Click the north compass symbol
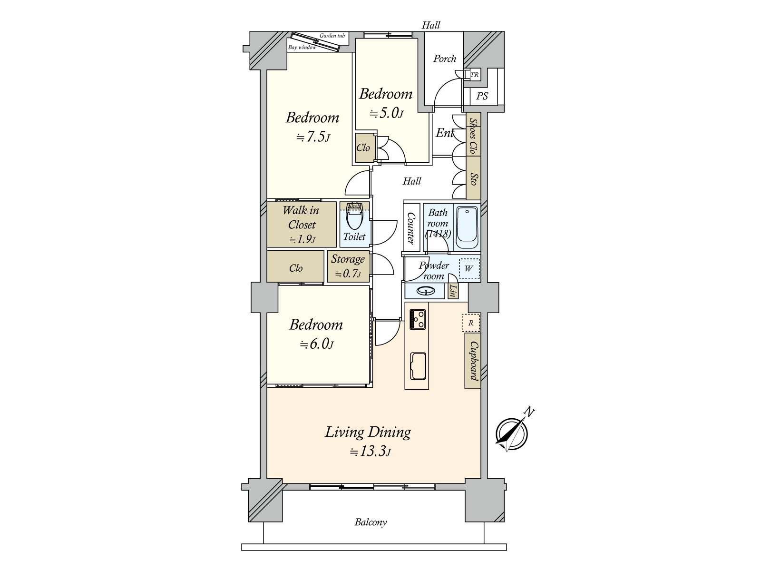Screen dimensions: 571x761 [x=511, y=433]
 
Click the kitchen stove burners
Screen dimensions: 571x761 [x=417, y=319]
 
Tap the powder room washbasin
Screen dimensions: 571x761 [x=424, y=291]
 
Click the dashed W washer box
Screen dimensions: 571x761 [x=469, y=269]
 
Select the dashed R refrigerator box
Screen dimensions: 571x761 [x=471, y=323]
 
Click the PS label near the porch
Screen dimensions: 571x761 [x=482, y=96]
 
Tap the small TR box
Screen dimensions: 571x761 [x=474, y=75]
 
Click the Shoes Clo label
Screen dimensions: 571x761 [x=473, y=135]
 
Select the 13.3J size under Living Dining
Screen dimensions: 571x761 [x=371, y=452]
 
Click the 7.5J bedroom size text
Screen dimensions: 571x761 [x=313, y=137]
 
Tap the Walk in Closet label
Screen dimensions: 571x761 [x=302, y=217]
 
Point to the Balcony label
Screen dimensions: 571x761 [x=371, y=522]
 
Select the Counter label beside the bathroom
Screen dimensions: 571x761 [x=411, y=228]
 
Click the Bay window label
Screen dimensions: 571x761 [x=302, y=48]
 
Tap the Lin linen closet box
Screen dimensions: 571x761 [x=453, y=291]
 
